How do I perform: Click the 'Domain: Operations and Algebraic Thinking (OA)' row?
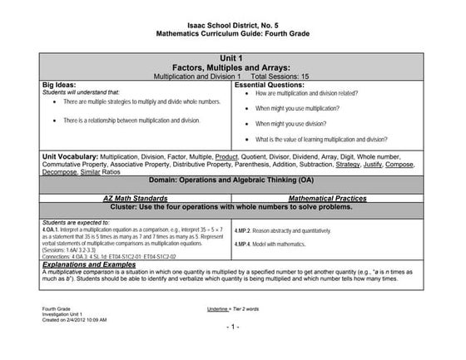coord(232,180)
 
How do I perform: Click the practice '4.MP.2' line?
coord(295,228)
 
